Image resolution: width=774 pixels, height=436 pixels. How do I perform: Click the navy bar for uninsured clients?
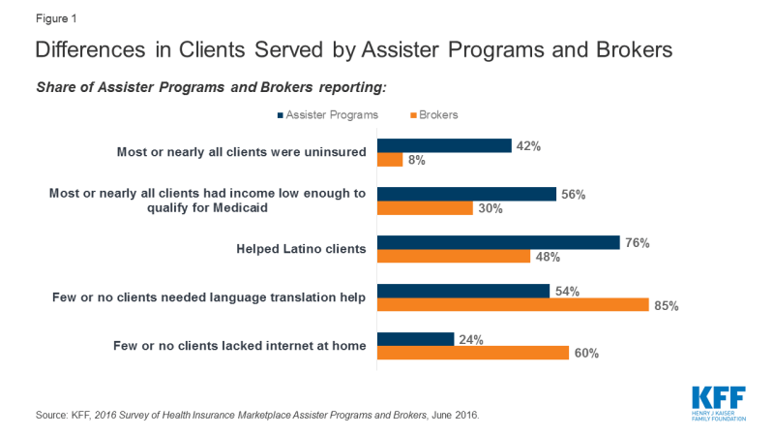click(443, 145)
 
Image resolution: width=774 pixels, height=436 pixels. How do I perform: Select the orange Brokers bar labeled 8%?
click(389, 161)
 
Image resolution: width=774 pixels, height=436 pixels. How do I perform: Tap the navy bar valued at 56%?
click(466, 193)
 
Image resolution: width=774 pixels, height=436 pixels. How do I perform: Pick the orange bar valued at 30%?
click(424, 208)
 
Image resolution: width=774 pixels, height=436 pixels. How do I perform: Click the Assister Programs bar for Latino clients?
click(497, 241)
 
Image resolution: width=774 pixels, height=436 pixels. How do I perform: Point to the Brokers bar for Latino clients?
click(453, 257)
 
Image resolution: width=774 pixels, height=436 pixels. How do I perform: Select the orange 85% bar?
click(512, 304)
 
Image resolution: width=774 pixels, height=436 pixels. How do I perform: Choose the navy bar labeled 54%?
click(462, 290)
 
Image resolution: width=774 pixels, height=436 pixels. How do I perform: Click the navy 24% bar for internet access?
click(414, 338)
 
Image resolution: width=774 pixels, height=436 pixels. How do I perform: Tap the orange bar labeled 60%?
click(472, 353)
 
